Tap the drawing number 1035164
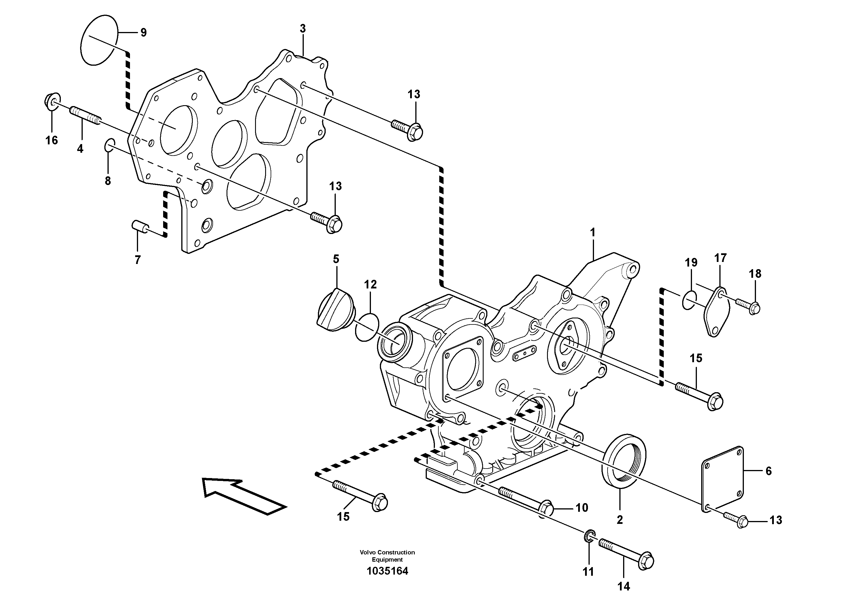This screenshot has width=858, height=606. click(387, 571)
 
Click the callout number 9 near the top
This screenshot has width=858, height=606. click(144, 33)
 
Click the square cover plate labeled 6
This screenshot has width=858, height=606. click(722, 479)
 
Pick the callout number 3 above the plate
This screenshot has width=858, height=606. click(302, 29)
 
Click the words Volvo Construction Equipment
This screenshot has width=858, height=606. click(387, 556)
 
